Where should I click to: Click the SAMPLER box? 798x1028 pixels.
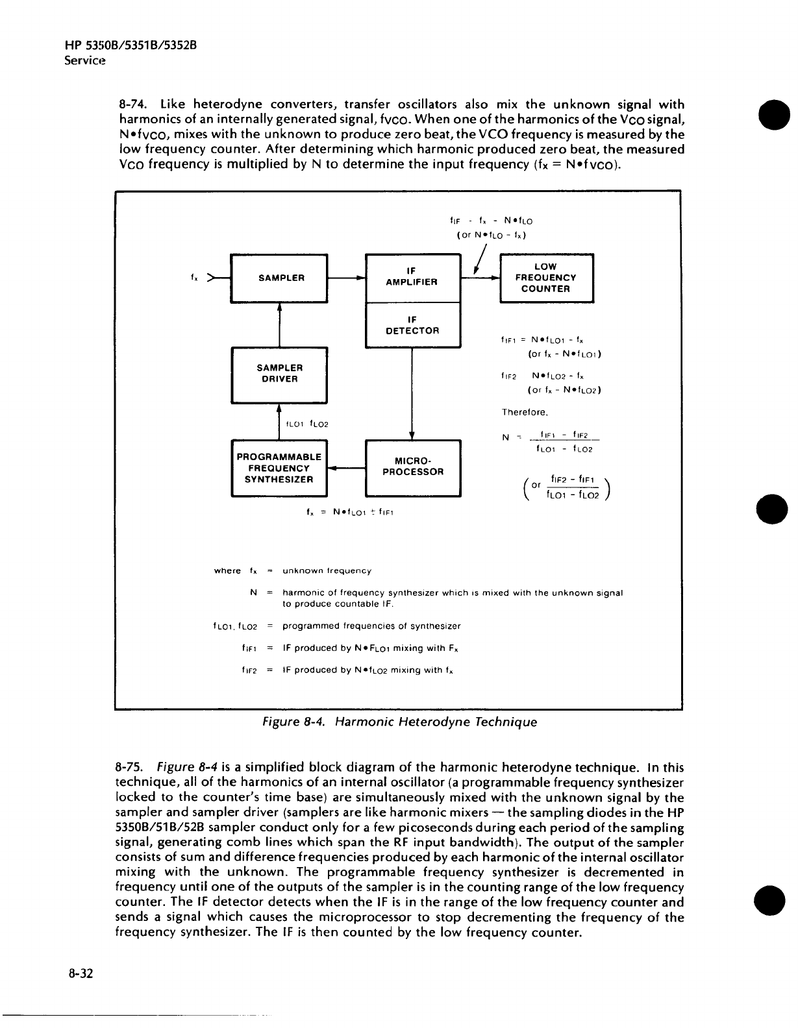pos(280,278)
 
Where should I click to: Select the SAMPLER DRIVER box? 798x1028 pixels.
pos(280,374)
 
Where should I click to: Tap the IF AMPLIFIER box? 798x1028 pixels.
pos(412,278)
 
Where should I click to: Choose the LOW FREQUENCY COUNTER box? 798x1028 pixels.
pos(546,278)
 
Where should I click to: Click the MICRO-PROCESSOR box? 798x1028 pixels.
pos(412,467)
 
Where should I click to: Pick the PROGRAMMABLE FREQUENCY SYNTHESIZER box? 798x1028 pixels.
pos(280,468)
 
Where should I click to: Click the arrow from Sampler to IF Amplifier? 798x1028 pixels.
pos(346,278)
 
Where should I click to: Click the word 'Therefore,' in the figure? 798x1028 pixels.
pos(525,412)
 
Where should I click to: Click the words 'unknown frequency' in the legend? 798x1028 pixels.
pos(327,571)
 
